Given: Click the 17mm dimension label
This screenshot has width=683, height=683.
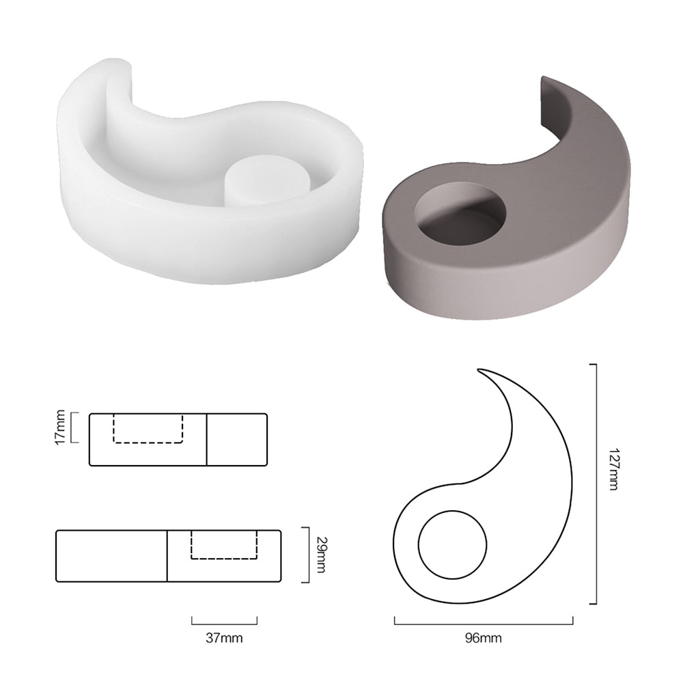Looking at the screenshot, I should click(x=60, y=427).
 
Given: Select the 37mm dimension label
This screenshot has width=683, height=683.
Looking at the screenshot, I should click(x=224, y=639).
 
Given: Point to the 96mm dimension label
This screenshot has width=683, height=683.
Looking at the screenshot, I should click(x=483, y=639).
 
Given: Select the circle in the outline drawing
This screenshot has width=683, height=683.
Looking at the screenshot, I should click(x=453, y=544).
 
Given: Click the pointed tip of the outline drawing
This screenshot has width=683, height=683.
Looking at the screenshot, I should click(x=480, y=372).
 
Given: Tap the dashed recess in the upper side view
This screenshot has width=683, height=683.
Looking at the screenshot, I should click(x=148, y=428).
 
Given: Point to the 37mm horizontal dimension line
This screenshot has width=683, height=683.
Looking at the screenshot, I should click(x=224, y=622).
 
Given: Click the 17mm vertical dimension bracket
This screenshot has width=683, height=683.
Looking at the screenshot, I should click(x=74, y=427).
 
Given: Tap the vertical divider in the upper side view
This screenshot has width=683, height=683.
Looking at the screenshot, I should click(x=206, y=439).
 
